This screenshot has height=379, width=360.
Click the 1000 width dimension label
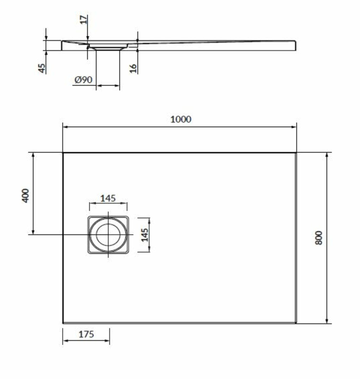pyautogui.click(x=181, y=119)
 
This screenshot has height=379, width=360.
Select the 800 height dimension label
pyautogui.click(x=319, y=238)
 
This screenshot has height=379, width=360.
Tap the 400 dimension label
pyautogui.click(x=25, y=196)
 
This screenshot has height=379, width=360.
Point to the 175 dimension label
pyautogui.click(x=86, y=334)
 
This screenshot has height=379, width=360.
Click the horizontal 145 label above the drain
pyautogui.click(x=108, y=198)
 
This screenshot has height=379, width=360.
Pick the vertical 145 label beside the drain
pyautogui.click(x=145, y=235)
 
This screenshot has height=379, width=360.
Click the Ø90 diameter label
pyautogui.click(x=83, y=80)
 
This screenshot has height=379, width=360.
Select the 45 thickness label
pyautogui.click(x=42, y=68)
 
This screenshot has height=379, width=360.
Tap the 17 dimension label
pyautogui.click(x=83, y=19)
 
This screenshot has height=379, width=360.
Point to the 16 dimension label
pyautogui.click(x=133, y=68)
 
